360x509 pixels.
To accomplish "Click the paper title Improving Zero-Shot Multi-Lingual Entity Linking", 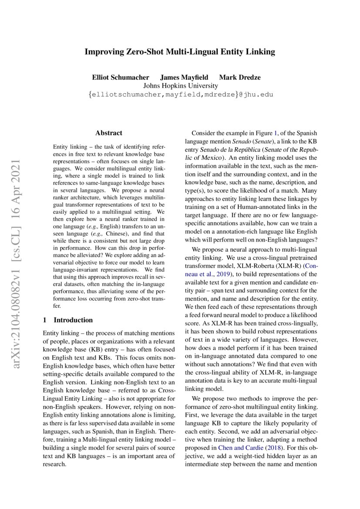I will (180, 52).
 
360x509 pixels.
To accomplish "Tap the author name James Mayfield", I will (184, 78).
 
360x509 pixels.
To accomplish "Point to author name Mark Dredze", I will (240, 78).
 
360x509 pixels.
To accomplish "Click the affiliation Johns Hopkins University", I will (180, 86).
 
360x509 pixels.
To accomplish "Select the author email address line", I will (180, 94).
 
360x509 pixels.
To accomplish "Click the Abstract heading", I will (108, 133).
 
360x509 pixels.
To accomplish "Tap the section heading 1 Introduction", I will (68, 320).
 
